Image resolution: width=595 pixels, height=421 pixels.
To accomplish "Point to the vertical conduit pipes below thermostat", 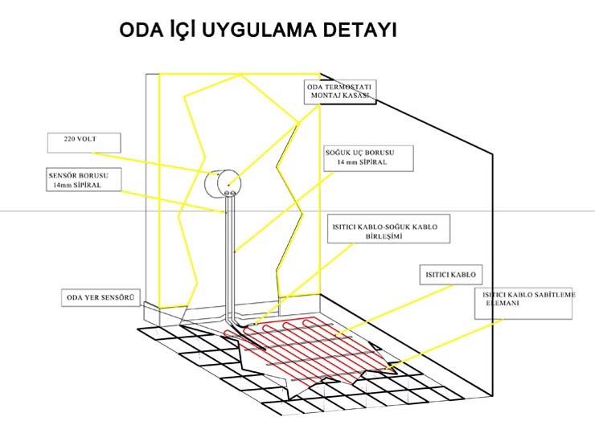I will pyautogui.click(x=229, y=257).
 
